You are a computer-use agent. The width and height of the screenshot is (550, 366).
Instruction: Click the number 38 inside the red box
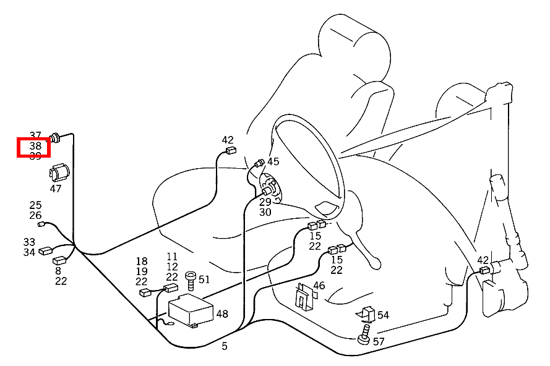click(35, 147)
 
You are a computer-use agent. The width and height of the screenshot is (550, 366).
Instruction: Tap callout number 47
click(56, 189)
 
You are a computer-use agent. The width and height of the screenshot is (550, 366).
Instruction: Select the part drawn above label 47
click(59, 171)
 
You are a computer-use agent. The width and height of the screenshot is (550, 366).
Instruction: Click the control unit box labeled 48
click(191, 309)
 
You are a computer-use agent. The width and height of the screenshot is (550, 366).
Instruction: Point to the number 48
click(222, 314)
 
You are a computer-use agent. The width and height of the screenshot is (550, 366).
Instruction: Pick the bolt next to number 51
click(191, 282)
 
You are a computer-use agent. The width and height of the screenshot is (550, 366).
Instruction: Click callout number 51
click(204, 279)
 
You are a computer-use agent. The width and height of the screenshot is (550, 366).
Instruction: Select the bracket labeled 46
click(303, 296)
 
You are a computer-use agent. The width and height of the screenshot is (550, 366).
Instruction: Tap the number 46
click(319, 286)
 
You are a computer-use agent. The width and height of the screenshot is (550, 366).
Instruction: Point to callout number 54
click(383, 315)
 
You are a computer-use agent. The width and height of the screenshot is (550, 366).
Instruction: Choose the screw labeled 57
click(364, 338)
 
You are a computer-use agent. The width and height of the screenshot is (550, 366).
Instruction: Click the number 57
click(379, 341)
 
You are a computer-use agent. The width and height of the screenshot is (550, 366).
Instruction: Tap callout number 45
click(273, 161)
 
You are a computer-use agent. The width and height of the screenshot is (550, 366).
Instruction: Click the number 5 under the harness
click(225, 346)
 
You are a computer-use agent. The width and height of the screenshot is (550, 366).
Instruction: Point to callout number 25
click(35, 205)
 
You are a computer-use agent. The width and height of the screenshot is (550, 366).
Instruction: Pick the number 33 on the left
click(29, 242)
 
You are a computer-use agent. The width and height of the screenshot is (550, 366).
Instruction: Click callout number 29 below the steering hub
click(265, 202)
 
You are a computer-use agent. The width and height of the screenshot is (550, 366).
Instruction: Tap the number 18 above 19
click(142, 262)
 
